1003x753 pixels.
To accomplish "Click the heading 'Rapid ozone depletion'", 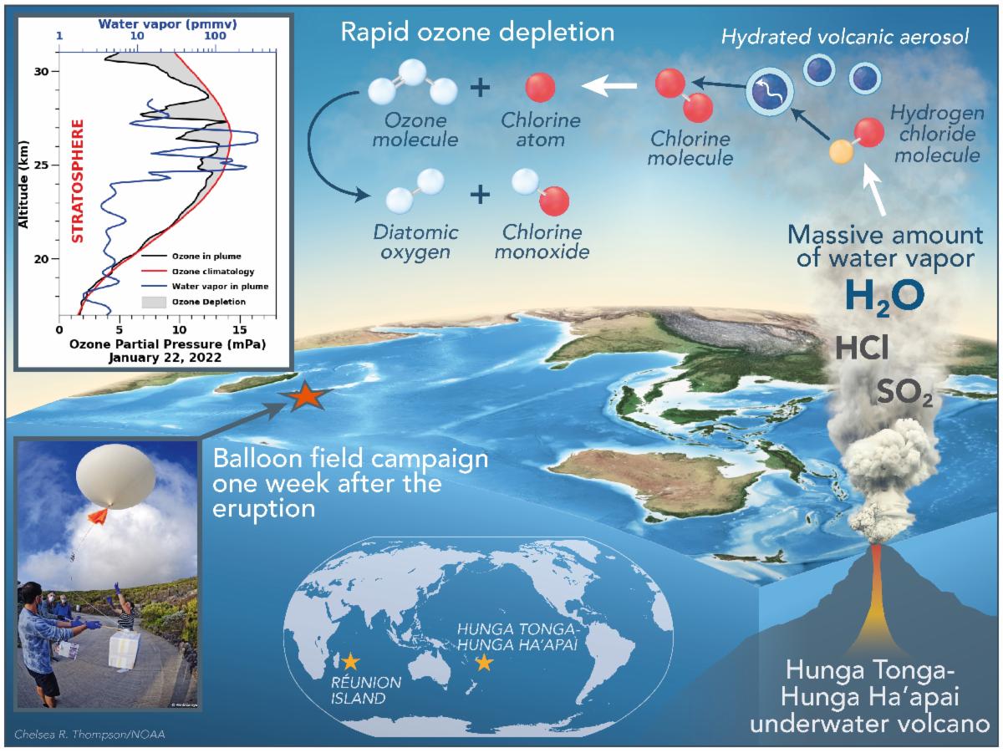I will click(x=477, y=33).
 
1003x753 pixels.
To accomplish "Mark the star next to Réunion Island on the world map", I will click(x=350, y=662).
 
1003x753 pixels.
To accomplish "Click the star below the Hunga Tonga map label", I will click(x=483, y=663).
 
